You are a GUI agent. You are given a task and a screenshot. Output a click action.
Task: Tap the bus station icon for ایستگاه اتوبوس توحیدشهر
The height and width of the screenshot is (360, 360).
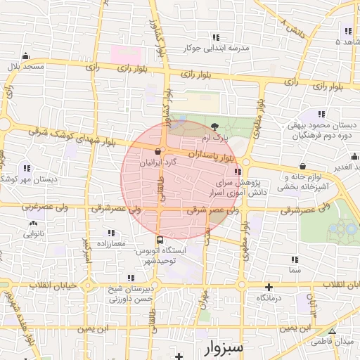[159, 240]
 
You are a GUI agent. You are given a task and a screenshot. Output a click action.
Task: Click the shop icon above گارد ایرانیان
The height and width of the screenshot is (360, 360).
[157, 151]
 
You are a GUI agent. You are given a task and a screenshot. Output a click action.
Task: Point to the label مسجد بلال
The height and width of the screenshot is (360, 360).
[25, 66]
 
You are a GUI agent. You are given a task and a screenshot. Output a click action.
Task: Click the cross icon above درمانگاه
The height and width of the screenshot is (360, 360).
[268, 287]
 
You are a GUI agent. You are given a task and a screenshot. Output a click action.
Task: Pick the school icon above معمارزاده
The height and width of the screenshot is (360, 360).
[111, 232]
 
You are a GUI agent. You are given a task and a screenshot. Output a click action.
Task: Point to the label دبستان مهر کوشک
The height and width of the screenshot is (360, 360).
[27, 179]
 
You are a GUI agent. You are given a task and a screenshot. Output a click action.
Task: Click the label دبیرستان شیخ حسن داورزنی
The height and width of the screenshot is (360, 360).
[130, 295]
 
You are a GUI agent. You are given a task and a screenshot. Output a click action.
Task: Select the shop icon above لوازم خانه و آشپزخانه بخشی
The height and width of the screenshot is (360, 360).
[303, 167]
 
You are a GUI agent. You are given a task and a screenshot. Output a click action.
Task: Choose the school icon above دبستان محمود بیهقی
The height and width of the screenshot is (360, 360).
[321, 114]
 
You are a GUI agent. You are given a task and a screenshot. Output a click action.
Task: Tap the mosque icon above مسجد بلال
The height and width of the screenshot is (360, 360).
[26, 56]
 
